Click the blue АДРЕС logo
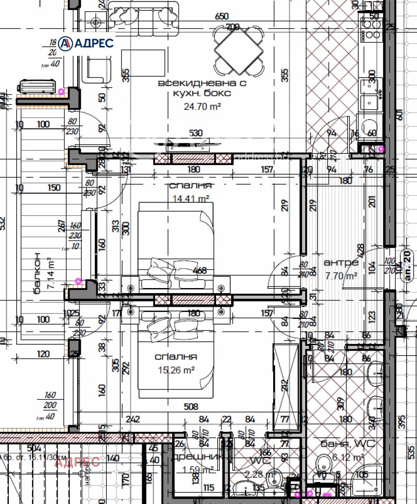pos(86,43)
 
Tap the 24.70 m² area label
pos(202,107)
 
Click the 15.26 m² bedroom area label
pos(176,370)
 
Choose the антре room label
pos(341,263)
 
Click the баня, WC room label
pos(348,444)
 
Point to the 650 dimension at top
pos(221,16)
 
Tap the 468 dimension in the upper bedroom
pos(200,271)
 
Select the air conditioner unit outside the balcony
pos(37,86)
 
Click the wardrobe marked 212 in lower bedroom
pos(286,384)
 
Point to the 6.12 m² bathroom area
pos(348,458)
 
